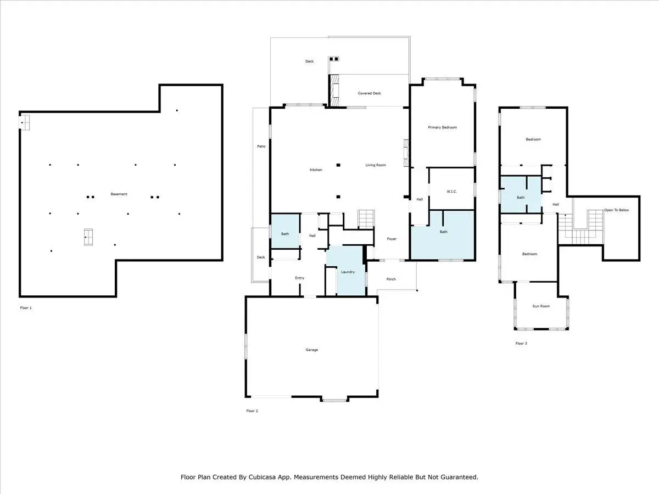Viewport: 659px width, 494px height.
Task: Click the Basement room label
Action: tap(119, 194)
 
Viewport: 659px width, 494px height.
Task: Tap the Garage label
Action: tap(311, 350)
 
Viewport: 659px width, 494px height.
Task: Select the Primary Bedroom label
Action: tap(442, 127)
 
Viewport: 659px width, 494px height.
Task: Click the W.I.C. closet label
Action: tap(451, 192)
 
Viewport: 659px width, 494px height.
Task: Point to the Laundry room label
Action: tap(348, 272)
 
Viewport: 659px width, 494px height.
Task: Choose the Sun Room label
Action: tap(541, 306)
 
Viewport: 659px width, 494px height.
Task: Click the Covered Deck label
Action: tap(369, 93)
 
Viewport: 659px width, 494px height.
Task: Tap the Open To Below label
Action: tap(616, 210)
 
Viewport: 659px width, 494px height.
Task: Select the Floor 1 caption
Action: tap(26, 308)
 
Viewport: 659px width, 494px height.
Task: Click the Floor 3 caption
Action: tap(521, 344)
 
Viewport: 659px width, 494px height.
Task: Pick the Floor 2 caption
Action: tap(252, 411)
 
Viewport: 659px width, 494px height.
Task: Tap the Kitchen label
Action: tap(316, 170)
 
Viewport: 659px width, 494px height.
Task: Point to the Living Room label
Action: tap(376, 165)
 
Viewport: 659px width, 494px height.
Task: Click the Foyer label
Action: tap(392, 239)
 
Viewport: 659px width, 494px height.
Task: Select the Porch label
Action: tap(391, 279)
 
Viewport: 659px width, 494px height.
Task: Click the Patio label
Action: tap(261, 147)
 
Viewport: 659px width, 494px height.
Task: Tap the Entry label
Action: tap(300, 278)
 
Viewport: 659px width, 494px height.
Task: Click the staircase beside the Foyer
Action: tap(366, 219)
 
